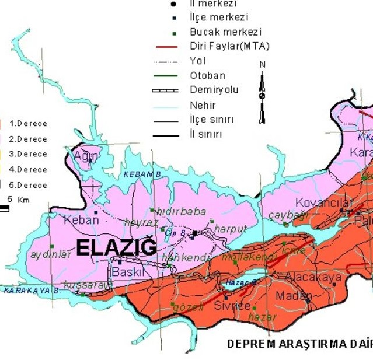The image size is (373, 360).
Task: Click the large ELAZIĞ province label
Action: coord(117,248)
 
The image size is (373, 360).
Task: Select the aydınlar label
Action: coord(49,254)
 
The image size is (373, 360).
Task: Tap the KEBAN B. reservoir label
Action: coord(142,174)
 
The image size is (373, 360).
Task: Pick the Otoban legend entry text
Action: coord(207,75)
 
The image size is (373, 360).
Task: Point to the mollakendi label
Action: coord(240,257)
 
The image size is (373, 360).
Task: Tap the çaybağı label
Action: coord(288,215)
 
